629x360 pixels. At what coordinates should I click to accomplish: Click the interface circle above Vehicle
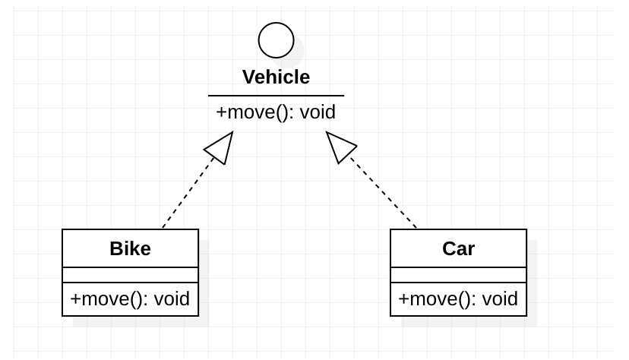(276, 40)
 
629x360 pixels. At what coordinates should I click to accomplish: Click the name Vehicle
(276, 77)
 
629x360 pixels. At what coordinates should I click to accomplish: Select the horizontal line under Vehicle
(276, 96)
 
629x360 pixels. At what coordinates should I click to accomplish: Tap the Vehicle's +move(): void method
(276, 112)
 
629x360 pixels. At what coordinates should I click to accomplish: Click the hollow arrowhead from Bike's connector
(220, 147)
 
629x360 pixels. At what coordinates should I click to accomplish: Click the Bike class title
(130, 248)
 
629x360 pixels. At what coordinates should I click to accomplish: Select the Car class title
(458, 248)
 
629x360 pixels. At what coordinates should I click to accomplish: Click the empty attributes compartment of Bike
(130, 275)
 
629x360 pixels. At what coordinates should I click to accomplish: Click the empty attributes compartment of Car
(458, 275)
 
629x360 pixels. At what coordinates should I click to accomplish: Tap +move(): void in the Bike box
(130, 298)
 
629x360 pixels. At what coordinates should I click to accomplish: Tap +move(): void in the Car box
(458, 298)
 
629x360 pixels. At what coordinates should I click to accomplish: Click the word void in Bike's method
(172, 298)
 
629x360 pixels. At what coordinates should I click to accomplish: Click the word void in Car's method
(500, 298)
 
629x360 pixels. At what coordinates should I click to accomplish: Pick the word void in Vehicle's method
(318, 112)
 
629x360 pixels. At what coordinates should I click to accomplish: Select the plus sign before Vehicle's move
(221, 112)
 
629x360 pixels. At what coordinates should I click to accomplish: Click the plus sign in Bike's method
(75, 298)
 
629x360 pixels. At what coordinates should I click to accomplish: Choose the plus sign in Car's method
(403, 298)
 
